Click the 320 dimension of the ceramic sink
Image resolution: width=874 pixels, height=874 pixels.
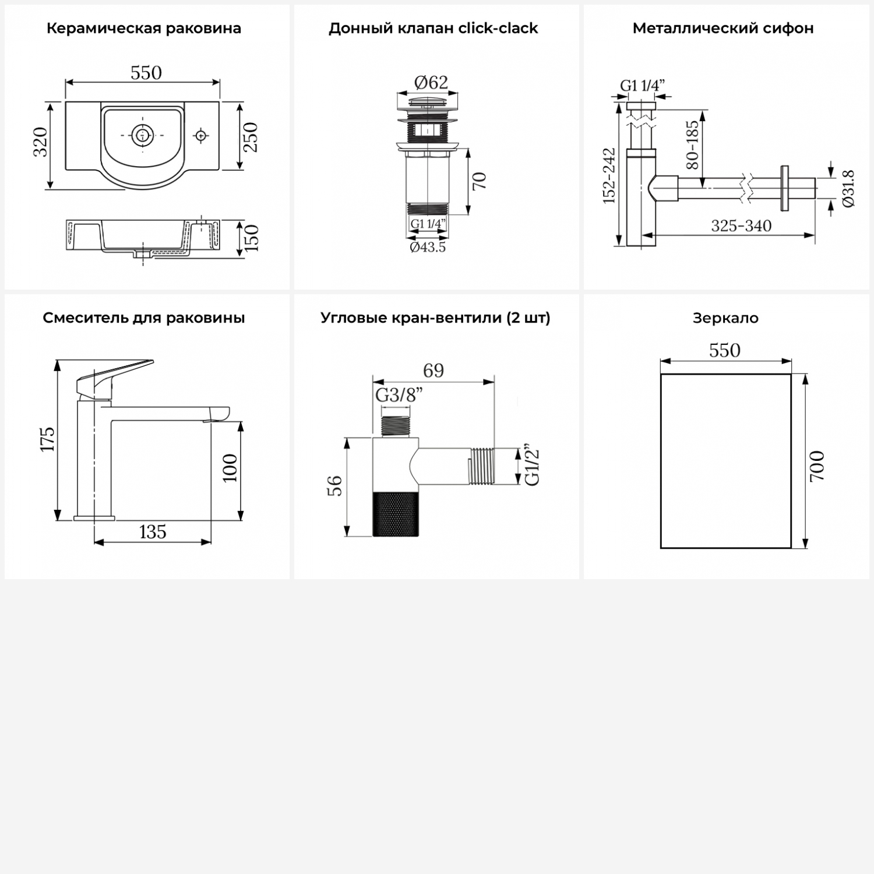40,142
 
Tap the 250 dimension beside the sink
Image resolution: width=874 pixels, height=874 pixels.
250,137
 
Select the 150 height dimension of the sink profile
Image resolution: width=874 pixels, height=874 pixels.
251,237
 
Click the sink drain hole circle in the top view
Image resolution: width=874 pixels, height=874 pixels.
141,135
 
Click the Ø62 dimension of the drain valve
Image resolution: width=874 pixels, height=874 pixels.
431,83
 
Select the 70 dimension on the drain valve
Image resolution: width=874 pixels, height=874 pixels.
479,181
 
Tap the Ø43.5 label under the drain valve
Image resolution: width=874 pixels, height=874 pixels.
428,247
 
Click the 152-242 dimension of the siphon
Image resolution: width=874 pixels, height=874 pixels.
609,175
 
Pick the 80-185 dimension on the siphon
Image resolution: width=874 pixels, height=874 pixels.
692,145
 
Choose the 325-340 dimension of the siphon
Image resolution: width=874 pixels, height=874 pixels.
741,225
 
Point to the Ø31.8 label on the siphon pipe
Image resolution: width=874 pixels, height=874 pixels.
848,188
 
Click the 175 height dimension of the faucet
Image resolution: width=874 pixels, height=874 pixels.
48,439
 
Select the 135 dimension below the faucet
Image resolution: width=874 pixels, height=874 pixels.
153,531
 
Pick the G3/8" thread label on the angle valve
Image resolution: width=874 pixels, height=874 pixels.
399,395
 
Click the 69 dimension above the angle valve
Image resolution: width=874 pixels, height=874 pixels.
434,371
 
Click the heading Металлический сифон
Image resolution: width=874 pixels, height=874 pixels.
723,28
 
